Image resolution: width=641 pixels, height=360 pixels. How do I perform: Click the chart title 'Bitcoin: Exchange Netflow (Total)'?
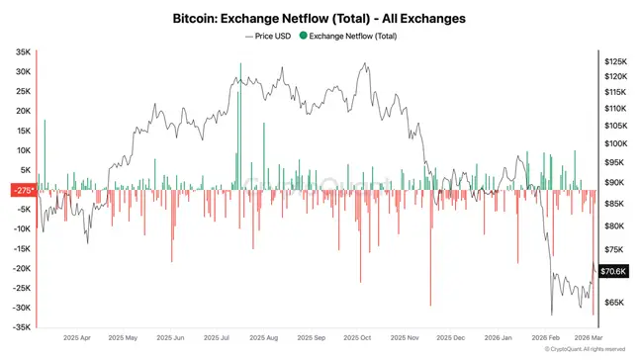[x=320, y=18]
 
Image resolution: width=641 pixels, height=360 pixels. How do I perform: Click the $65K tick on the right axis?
[x=615, y=302]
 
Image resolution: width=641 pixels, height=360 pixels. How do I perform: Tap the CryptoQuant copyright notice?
[x=584, y=348]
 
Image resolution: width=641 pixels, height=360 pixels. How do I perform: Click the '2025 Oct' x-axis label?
[x=356, y=336]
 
